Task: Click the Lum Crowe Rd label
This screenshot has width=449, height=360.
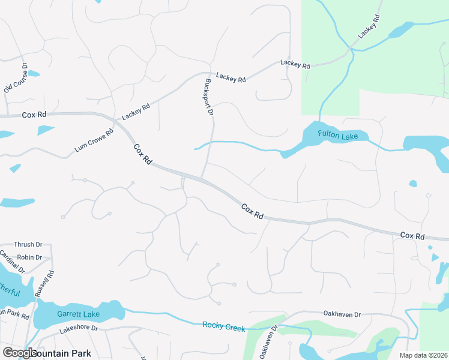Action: pyautogui.click(x=94, y=142)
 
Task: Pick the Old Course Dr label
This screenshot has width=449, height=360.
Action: pyautogui.click(x=16, y=78)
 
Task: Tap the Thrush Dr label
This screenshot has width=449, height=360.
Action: pyautogui.click(x=28, y=245)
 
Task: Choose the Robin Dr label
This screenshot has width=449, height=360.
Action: pyautogui.click(x=30, y=257)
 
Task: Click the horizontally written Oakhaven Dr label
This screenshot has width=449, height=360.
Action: pyautogui.click(x=342, y=314)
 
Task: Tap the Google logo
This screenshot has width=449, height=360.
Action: pyautogui.click(x=20, y=353)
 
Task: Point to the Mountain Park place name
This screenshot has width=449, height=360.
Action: pyautogui.click(x=63, y=353)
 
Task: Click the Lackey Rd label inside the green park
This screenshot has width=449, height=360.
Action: pyautogui.click(x=370, y=28)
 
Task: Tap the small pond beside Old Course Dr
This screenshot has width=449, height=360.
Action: pyautogui.click(x=34, y=74)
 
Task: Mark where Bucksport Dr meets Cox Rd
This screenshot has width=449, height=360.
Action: pyautogui.click(x=202, y=178)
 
